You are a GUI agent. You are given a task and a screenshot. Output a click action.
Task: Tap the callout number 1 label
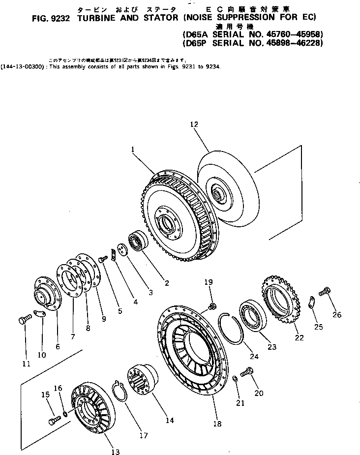click(x=133, y=148)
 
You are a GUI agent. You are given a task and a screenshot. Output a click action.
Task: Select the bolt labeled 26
click(x=324, y=292)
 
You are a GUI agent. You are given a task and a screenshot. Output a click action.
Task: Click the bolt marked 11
click(x=24, y=321)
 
